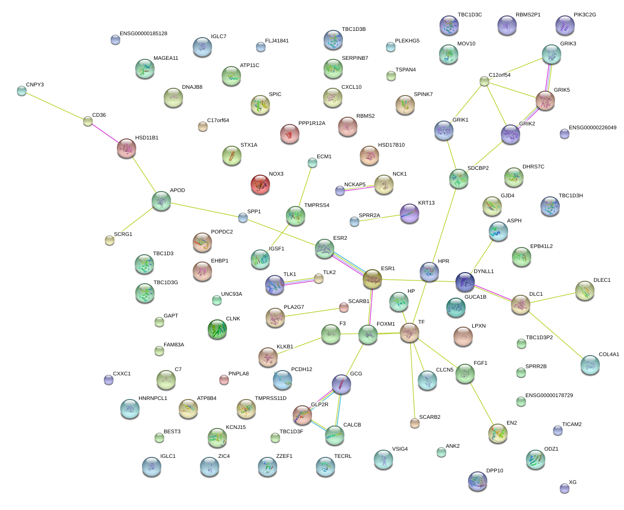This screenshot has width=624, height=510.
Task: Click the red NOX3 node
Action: coord(260,184)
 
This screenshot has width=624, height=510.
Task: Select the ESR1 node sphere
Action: coord(372,279)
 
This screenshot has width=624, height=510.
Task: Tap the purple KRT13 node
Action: coord(410,213)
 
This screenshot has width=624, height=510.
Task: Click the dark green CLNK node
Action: coord(217,329)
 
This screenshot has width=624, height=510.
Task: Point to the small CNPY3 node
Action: coord(22,91)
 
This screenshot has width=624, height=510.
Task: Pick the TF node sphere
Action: coord(410,332)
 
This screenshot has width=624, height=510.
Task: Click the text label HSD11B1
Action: coord(147,138)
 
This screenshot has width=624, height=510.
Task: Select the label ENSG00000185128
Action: coord(143,33)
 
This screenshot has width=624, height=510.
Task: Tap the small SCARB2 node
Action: coord(415,423)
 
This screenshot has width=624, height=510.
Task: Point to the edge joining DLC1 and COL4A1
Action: coord(555,335)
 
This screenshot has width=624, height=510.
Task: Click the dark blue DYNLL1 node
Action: coord(465,282)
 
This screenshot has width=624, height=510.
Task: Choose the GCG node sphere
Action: coord(341,385)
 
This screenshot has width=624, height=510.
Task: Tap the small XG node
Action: coord(565,488)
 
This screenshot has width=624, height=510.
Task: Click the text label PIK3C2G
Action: coord(585,15)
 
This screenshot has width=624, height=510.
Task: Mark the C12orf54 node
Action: coord(484,81)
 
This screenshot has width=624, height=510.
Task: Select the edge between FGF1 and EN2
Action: coord(482,403)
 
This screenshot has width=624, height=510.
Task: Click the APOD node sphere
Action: coord(161,201)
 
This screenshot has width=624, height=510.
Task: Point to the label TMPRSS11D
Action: coord(271,398)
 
